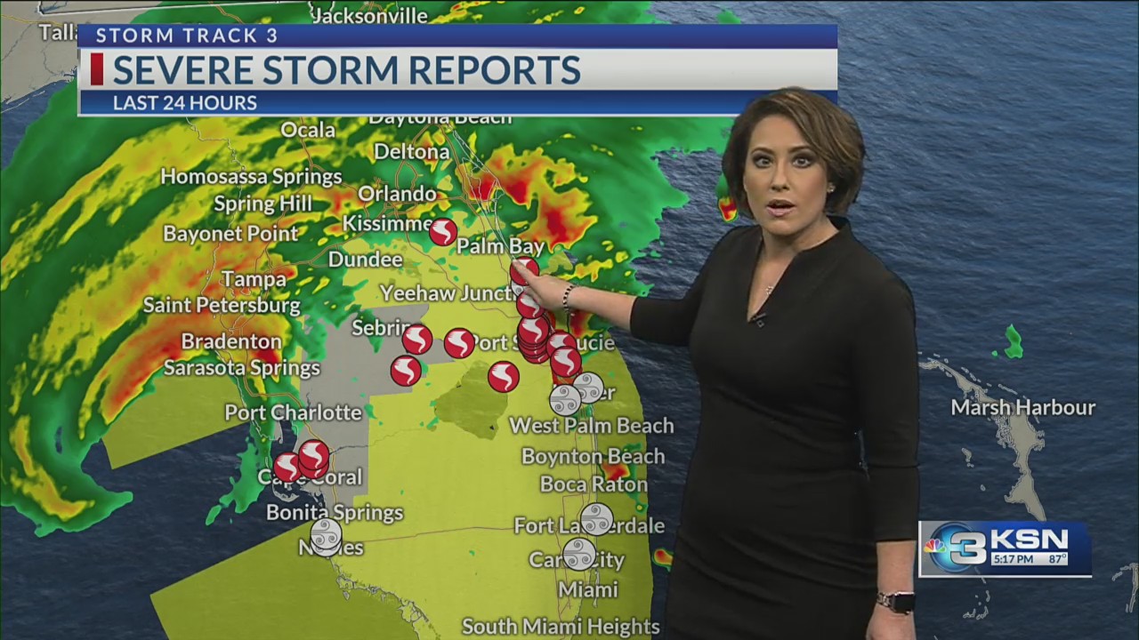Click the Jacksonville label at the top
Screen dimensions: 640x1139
click(369, 14)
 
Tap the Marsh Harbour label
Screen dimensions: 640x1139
click(1022, 408)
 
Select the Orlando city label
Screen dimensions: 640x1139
click(397, 194)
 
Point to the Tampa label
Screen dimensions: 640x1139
click(254, 279)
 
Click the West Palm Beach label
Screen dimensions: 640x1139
click(591, 426)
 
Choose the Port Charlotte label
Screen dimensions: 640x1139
click(293, 412)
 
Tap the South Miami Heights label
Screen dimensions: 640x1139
click(561, 627)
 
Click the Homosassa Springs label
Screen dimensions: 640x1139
click(251, 176)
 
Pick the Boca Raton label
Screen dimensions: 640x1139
click(593, 484)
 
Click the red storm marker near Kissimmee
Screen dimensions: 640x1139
click(443, 232)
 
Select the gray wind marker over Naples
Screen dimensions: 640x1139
click(326, 535)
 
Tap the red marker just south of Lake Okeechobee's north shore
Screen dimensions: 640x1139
click(503, 377)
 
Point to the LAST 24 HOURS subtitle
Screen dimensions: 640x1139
click(184, 103)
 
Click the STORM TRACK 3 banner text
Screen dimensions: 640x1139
click(187, 36)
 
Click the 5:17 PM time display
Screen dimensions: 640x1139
click(1013, 560)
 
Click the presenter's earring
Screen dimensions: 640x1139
click(830, 188)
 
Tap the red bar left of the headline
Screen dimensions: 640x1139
click(96, 69)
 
